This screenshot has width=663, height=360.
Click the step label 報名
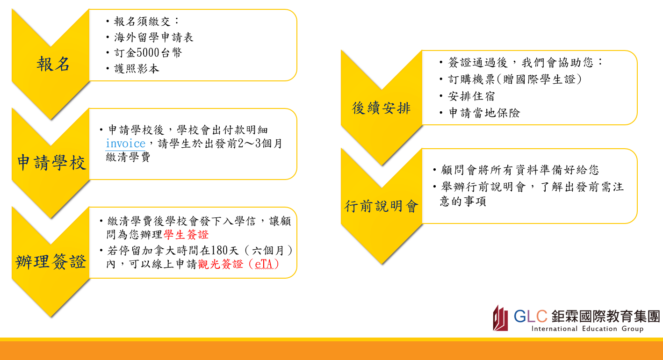tap(53, 64)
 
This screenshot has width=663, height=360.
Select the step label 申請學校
tap(51, 163)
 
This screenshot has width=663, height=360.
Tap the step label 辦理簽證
tap(51, 262)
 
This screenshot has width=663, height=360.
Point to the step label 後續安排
tap(381, 108)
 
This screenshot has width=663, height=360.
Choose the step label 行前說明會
tap(381, 206)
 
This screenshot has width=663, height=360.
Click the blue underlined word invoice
tap(125, 144)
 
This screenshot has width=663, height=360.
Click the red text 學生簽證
tap(186, 235)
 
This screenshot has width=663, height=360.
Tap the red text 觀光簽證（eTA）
tap(238, 264)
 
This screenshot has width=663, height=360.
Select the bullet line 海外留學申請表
tap(154, 37)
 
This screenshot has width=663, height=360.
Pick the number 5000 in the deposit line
tap(148, 53)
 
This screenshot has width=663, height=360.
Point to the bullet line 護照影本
tap(137, 69)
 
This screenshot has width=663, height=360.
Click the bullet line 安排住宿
tap(471, 96)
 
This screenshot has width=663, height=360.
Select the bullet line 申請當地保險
tap(484, 113)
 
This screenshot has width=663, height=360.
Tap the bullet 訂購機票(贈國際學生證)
tap(515, 79)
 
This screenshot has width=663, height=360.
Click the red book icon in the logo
tap(500, 318)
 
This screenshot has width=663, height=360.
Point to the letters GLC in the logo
tap(530, 316)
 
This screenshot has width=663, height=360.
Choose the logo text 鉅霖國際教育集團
tap(605, 316)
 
